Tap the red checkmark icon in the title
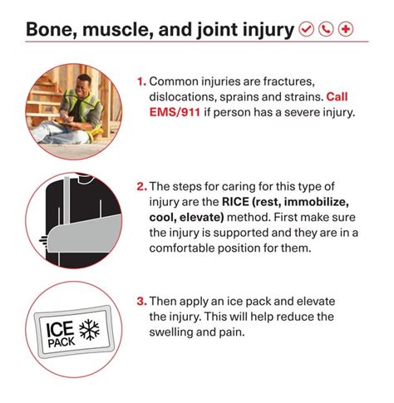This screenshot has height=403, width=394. [306, 31]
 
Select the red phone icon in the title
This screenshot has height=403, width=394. [326, 31]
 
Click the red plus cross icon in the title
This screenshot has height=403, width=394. [346, 31]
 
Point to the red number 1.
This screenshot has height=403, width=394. [141, 82]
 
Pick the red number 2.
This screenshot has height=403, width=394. [141, 186]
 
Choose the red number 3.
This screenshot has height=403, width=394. [141, 301]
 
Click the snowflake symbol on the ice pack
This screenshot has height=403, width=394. [87, 328]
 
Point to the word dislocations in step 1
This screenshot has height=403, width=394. [182, 97]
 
